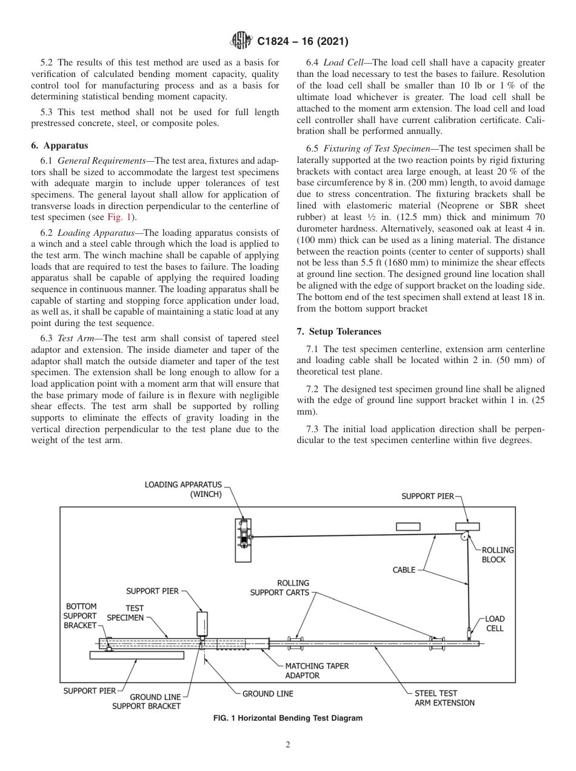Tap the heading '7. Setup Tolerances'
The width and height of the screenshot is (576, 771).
339,332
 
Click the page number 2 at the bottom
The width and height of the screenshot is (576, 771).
288,745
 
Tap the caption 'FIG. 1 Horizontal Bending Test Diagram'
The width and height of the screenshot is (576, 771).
288,718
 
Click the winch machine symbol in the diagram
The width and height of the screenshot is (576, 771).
244,537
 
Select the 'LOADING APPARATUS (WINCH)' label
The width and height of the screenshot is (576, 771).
184,489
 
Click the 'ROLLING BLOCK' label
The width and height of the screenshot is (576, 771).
497,555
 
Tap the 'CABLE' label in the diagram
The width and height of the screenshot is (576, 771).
404,570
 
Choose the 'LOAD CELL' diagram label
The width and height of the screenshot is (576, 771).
495,624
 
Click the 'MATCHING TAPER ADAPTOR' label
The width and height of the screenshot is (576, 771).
316,670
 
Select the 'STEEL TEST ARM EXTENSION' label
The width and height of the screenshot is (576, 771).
444,698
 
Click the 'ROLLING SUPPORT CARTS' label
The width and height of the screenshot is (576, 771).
280,587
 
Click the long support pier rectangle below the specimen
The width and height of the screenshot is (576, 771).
136,655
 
